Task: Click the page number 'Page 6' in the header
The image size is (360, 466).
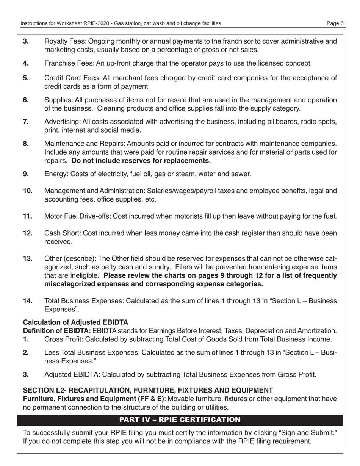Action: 335,23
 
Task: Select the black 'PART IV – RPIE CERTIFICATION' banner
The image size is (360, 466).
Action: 180,420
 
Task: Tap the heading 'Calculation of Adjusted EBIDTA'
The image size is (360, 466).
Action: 76,322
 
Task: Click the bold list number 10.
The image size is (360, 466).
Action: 28,191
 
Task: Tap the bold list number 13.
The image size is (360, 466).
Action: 28,259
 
